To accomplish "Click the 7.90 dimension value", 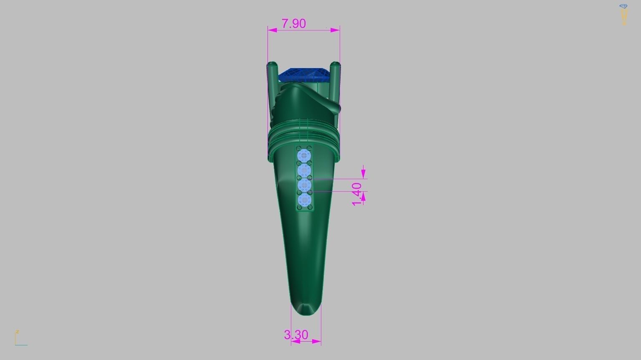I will pyautogui.click(x=294, y=23).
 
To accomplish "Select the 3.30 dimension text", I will pyautogui.click(x=296, y=335).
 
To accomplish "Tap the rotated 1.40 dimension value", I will pyautogui.click(x=357, y=194).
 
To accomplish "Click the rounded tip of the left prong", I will pyautogui.click(x=273, y=65).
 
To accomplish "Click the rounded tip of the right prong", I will pyautogui.click(x=335, y=65).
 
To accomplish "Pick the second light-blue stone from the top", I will pyautogui.click(x=304, y=170).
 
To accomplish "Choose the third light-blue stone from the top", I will pyautogui.click(x=304, y=185).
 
